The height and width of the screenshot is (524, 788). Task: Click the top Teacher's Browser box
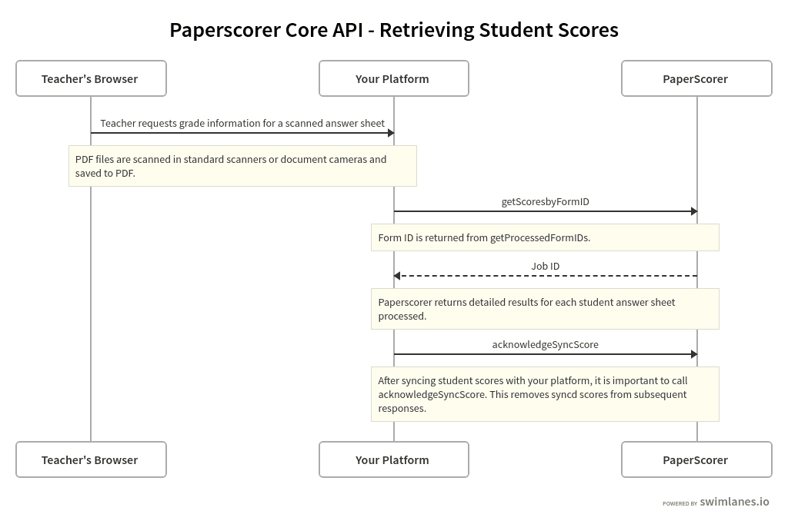click(x=91, y=78)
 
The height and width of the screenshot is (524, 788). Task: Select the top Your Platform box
click(x=393, y=78)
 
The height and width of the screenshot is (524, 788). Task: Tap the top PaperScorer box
click(x=696, y=78)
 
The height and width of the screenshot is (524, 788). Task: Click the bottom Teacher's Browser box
click(x=91, y=459)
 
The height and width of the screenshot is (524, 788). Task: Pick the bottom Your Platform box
click(x=393, y=459)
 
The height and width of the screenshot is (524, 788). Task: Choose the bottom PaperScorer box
click(x=696, y=459)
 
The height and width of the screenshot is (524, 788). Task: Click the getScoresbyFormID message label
click(x=545, y=201)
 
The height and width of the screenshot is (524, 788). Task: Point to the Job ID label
click(x=545, y=266)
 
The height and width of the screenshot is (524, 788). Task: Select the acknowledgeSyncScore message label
click(x=545, y=344)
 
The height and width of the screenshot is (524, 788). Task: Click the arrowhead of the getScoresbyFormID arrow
click(x=693, y=211)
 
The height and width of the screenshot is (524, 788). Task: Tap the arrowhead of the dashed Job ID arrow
click(x=397, y=276)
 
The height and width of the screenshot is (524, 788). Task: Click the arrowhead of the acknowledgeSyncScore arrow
click(x=693, y=354)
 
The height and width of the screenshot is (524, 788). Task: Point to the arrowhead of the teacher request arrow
click(x=390, y=133)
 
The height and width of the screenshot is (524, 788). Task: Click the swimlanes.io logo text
click(x=734, y=502)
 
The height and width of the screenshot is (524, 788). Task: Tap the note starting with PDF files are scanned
click(x=242, y=166)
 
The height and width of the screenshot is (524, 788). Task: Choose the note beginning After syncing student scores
click(x=545, y=394)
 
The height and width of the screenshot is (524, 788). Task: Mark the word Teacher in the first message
click(x=118, y=123)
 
